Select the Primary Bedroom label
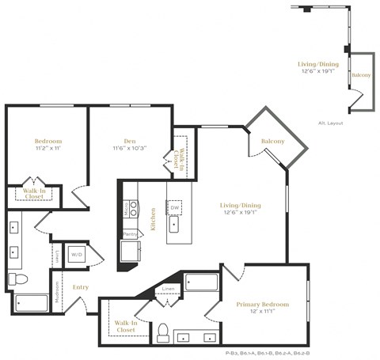pos(263,304)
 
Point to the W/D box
pos(77,255)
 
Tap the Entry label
pos(81,287)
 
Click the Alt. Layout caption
pos(330,123)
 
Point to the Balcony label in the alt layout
pos(361,75)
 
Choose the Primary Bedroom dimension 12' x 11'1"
pos(263,313)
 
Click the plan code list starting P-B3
pos(267,353)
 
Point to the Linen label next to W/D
pos(57,255)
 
